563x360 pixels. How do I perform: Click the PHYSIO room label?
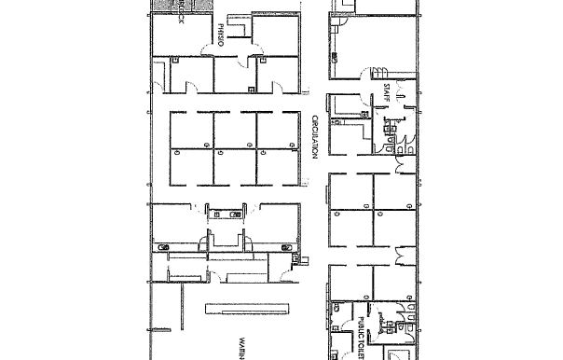[x=222, y=34]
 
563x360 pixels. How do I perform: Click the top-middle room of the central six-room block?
[x=234, y=131]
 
